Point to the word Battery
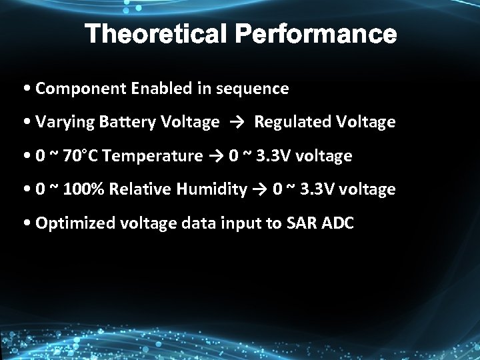tap(127, 122)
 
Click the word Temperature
tap(153, 156)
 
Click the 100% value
tap(87, 190)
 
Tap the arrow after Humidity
tap(259, 190)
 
